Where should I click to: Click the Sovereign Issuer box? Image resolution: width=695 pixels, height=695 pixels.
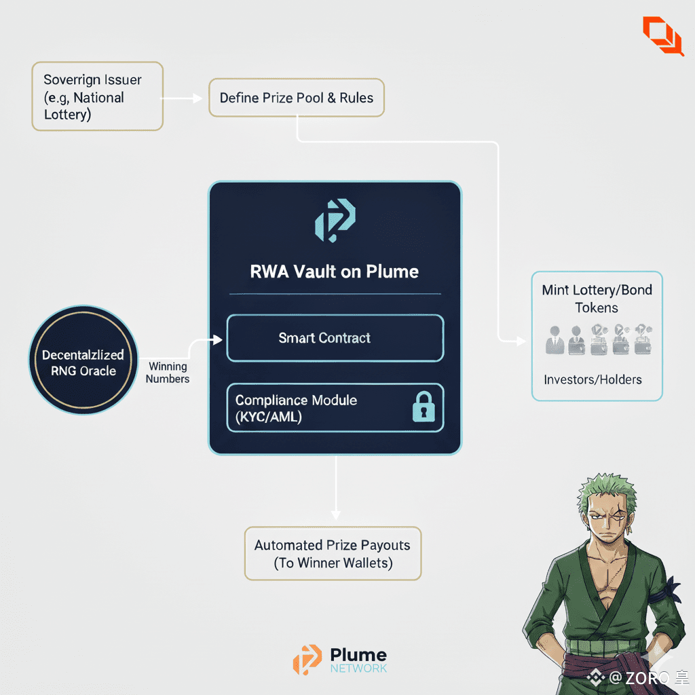point(97,96)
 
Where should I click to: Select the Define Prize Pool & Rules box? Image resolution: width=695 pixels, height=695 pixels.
point(297,98)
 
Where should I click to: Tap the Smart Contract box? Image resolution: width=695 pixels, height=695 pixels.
point(335,338)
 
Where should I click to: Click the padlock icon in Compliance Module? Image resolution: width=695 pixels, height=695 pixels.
point(423,409)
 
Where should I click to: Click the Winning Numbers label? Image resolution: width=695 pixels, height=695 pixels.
point(168,373)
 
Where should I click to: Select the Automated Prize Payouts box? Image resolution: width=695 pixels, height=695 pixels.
point(333,554)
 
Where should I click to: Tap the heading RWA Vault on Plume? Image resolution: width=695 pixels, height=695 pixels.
point(335,272)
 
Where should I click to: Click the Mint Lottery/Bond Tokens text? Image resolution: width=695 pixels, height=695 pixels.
point(597,299)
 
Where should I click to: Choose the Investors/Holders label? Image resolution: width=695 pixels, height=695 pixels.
point(593,379)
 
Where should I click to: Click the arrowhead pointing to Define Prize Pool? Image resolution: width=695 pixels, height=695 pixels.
point(198,98)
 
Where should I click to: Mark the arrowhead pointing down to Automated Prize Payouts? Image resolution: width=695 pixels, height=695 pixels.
point(335,515)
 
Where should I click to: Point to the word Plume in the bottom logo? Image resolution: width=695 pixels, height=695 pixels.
point(358,656)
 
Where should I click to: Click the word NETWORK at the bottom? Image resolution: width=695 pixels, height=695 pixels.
point(358,669)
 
